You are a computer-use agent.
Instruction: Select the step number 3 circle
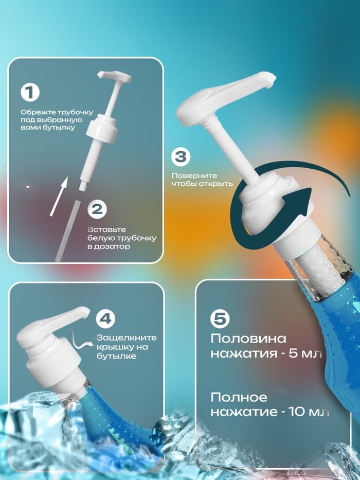tap(181, 157)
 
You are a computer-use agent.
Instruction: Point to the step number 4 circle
tap(105, 319)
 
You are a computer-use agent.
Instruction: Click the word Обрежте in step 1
tap(35, 112)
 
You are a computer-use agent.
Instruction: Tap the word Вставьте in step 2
tap(102, 229)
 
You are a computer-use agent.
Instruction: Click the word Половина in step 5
tap(245, 340)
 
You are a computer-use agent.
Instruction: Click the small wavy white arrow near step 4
tap(82, 334)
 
